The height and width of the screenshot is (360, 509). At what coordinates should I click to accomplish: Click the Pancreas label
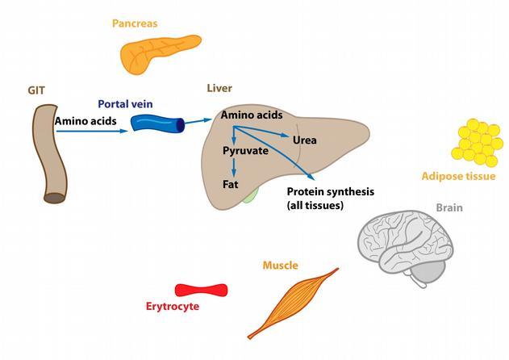click(135, 23)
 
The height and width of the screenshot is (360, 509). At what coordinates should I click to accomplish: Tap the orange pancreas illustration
click(159, 53)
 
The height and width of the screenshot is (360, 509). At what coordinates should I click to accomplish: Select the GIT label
click(36, 90)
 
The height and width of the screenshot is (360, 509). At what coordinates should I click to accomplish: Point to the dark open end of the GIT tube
click(55, 198)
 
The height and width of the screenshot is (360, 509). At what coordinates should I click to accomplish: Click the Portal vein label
click(125, 104)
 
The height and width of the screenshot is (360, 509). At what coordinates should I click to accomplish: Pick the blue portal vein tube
click(158, 123)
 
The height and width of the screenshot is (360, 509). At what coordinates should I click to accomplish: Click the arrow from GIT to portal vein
click(92, 131)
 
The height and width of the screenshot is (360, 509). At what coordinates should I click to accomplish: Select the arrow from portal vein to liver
click(198, 121)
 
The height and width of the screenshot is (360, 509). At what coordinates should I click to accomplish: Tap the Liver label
click(219, 88)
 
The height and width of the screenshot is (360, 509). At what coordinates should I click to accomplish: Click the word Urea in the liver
click(304, 140)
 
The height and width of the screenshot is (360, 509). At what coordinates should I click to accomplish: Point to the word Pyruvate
click(245, 151)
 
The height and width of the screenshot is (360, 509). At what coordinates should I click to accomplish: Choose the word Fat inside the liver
click(231, 184)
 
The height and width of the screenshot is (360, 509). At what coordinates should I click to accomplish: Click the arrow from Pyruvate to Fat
click(233, 167)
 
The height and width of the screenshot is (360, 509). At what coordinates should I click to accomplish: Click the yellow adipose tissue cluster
click(477, 143)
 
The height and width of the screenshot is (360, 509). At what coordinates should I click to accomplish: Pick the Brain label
click(449, 207)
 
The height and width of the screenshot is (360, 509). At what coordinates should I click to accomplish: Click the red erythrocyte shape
click(202, 290)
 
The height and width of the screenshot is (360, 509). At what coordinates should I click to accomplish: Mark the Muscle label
click(281, 266)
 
